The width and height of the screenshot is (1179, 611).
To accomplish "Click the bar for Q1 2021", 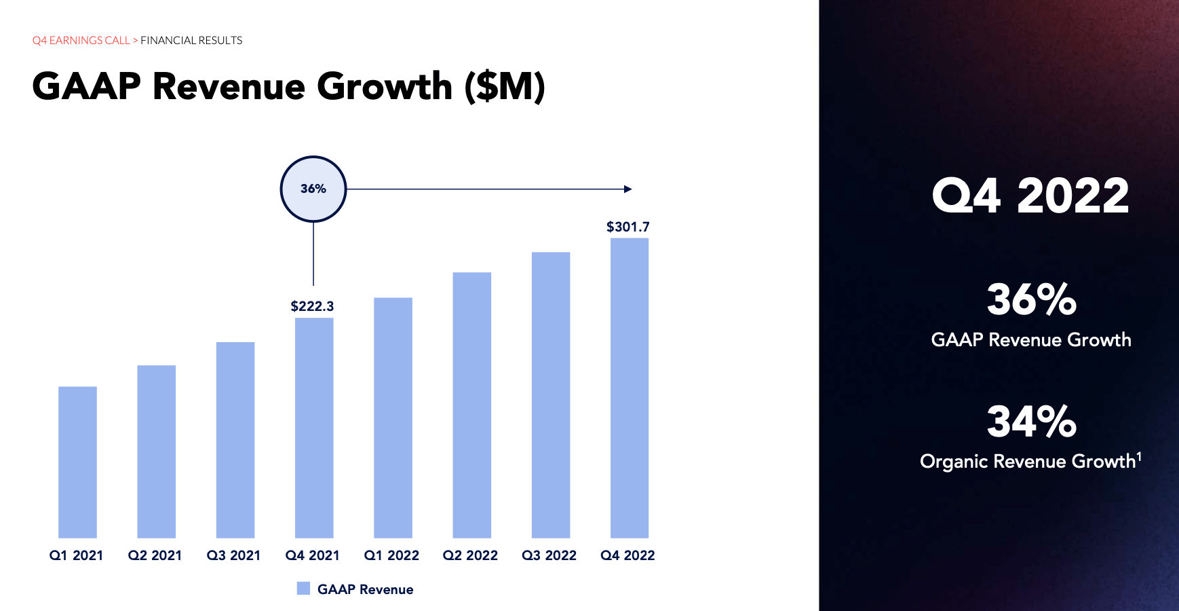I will pyautogui.click(x=77, y=462).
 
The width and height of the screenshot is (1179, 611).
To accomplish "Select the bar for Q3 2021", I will pyautogui.click(x=235, y=439).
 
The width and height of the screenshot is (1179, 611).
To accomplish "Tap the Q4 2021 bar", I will pyautogui.click(x=314, y=428).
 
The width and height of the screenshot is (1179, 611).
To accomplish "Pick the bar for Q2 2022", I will pyautogui.click(x=471, y=405).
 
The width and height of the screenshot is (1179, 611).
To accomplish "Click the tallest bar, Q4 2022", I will pyautogui.click(x=630, y=388).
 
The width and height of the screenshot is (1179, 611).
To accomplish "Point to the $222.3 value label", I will pyautogui.click(x=312, y=306).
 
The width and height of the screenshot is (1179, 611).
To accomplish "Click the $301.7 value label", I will pyautogui.click(x=627, y=227).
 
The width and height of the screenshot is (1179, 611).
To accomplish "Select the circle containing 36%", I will pyautogui.click(x=313, y=189).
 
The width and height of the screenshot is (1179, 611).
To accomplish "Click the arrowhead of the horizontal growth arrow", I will pyautogui.click(x=627, y=189).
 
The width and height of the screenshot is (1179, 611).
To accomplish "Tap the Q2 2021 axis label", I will pyautogui.click(x=155, y=555).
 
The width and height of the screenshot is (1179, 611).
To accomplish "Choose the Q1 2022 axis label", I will pyautogui.click(x=391, y=555).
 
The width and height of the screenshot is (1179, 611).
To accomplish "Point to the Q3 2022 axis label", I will pyautogui.click(x=549, y=555).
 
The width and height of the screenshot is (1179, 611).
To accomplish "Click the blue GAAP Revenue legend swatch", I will pyautogui.click(x=303, y=589).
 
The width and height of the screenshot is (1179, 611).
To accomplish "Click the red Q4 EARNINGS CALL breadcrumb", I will pyautogui.click(x=81, y=41).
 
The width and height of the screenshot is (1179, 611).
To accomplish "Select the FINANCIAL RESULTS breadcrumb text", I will pyautogui.click(x=191, y=41).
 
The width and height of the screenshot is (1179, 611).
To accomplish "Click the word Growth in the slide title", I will pyautogui.click(x=384, y=87).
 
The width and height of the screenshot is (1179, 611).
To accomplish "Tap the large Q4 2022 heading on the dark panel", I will pyautogui.click(x=1030, y=196).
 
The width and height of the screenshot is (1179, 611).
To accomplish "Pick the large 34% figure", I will pyautogui.click(x=1031, y=422).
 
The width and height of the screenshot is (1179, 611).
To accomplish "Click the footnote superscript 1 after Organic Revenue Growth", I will pyautogui.click(x=1139, y=456).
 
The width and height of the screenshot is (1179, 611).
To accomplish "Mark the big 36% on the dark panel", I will pyautogui.click(x=1031, y=299).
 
